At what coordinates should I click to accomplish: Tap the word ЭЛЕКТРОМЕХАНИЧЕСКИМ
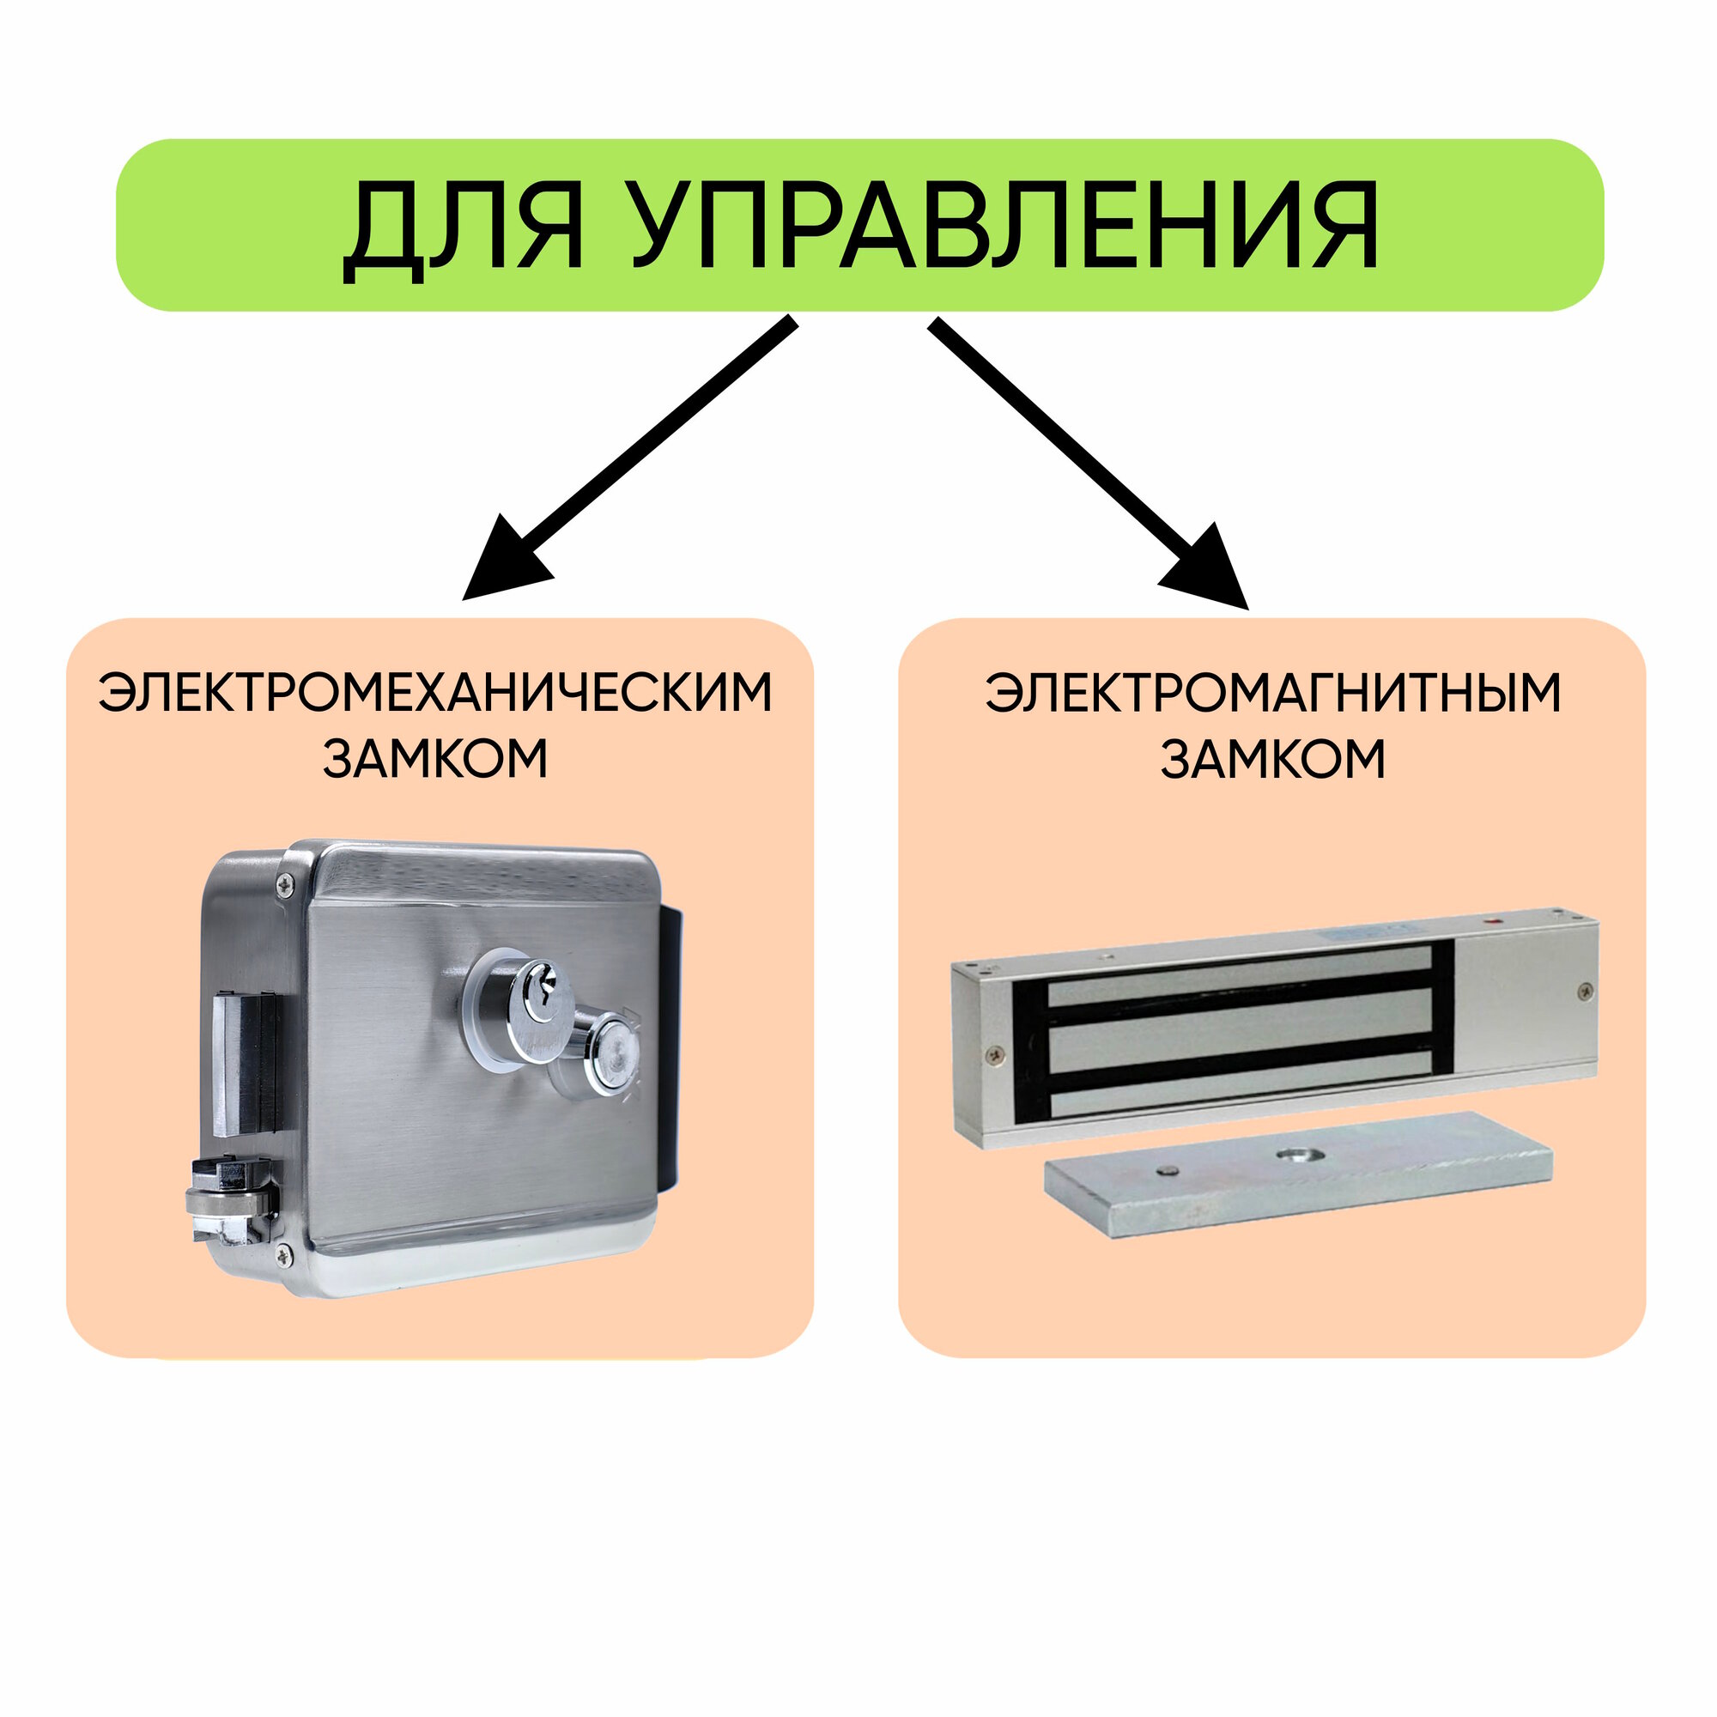click(x=435, y=692)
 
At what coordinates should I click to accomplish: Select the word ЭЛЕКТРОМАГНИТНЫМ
click(x=1271, y=692)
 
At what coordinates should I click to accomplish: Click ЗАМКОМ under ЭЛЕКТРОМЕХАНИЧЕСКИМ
click(x=435, y=760)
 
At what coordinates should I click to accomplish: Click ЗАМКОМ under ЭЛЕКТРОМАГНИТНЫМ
click(x=1271, y=760)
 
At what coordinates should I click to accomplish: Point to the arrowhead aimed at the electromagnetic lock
click(x=1209, y=570)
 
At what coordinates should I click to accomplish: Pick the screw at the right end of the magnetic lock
click(x=1583, y=990)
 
